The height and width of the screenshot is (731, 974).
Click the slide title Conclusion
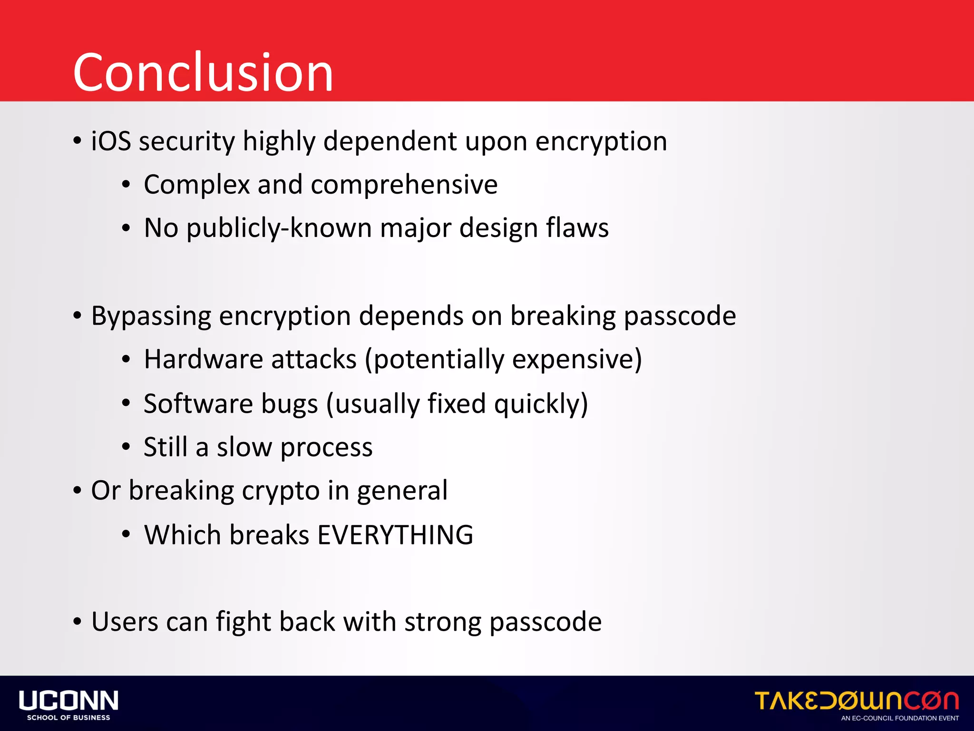(x=203, y=72)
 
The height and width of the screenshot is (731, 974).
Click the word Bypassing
(x=151, y=316)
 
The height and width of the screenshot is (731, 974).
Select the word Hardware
(x=203, y=359)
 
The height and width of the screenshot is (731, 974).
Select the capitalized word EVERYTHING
(x=395, y=535)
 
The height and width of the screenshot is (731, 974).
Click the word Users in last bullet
(x=125, y=622)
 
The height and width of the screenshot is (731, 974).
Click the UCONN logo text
(x=68, y=701)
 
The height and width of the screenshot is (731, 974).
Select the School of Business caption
(x=68, y=718)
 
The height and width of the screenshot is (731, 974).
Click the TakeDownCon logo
(x=857, y=701)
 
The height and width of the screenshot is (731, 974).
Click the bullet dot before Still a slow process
(x=126, y=447)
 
